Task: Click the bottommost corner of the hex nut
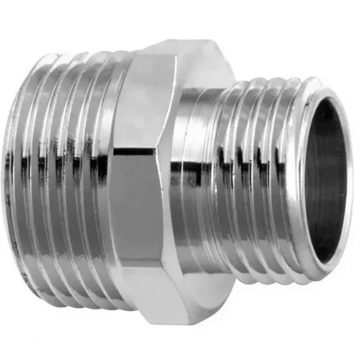[157, 319]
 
